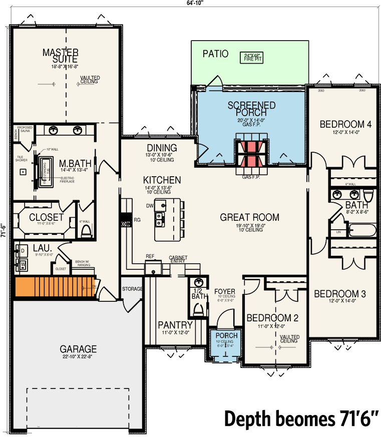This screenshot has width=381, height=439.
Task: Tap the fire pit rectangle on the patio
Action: click(253, 57)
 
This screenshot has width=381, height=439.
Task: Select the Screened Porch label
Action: click(251, 109)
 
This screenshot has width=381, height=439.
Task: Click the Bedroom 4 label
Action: click(345, 124)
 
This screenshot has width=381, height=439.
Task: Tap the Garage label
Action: click(78, 349)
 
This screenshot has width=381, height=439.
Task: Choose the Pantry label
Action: click(175, 325)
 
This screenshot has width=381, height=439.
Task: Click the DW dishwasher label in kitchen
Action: click(150, 205)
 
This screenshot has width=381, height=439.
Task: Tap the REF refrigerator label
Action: click(150, 256)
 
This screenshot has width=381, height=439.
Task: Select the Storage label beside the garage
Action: click(133, 289)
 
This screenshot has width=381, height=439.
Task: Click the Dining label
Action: click(162, 148)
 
